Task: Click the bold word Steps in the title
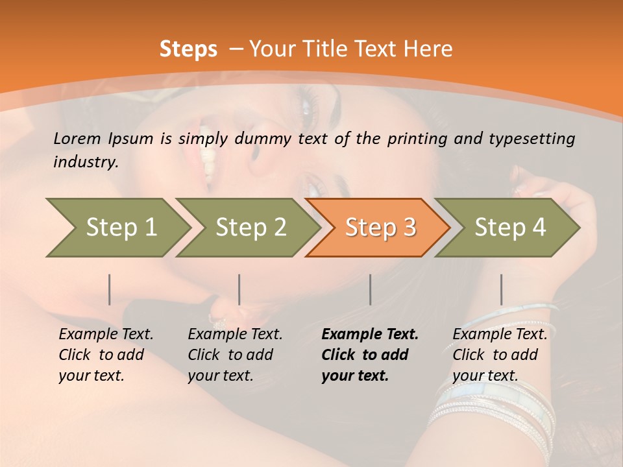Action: click(188, 49)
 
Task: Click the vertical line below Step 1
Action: click(110, 289)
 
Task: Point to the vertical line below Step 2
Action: click(239, 289)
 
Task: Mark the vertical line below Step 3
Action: click(370, 289)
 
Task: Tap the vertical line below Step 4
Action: click(501, 289)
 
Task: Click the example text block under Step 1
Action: click(106, 355)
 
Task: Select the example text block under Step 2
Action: click(235, 355)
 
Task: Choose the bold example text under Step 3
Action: click(370, 355)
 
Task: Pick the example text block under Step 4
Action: click(500, 355)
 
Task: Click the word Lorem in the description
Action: click(77, 138)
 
